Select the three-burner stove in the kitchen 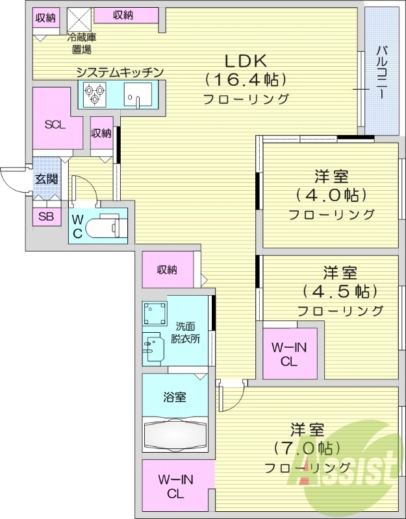coord(93,96)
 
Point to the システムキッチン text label coord(119,72)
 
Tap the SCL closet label coord(55,125)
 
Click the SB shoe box coord(45,217)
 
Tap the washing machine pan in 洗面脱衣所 coord(155,314)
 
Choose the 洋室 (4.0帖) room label coord(331,195)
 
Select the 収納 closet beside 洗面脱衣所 coord(168,270)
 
